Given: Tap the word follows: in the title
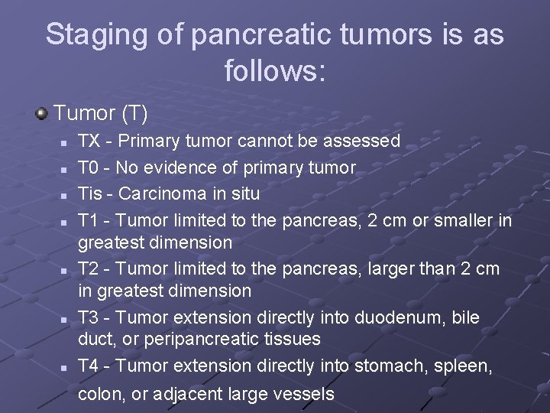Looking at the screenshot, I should point(275,71).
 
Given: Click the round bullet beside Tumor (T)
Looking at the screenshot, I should point(41,114).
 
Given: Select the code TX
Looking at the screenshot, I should point(89,141).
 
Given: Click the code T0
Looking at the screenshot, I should point(89,167).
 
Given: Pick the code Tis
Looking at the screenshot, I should point(91,193).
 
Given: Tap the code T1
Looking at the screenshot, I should point(89,220).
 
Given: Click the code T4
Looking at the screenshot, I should point(89,366).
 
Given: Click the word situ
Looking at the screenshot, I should point(244,193).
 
